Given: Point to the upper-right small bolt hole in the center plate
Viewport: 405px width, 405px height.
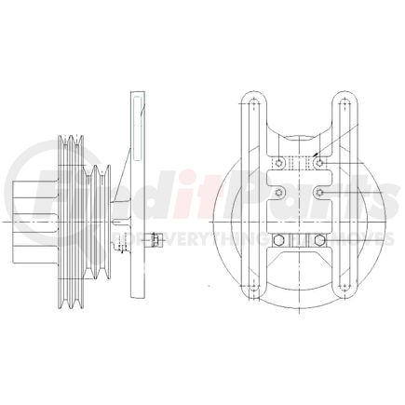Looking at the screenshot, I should [321, 164].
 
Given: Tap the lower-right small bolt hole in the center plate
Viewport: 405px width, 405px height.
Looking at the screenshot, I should [321, 193].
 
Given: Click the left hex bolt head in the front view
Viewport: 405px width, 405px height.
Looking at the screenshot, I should [279, 244].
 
